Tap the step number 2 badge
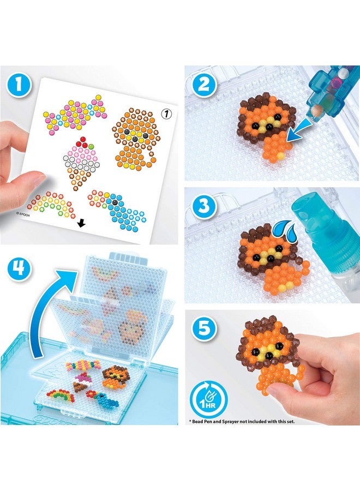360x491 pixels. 203,86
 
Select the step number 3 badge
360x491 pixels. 203,207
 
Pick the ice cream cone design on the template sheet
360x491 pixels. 80,160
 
